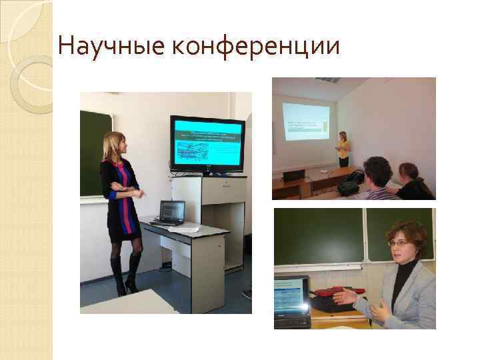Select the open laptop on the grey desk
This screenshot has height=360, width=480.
tap(171, 212)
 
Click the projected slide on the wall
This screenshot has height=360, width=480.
tap(305, 123)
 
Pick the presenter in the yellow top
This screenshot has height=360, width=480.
tap(343, 149)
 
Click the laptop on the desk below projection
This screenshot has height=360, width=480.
tap(293, 175)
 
